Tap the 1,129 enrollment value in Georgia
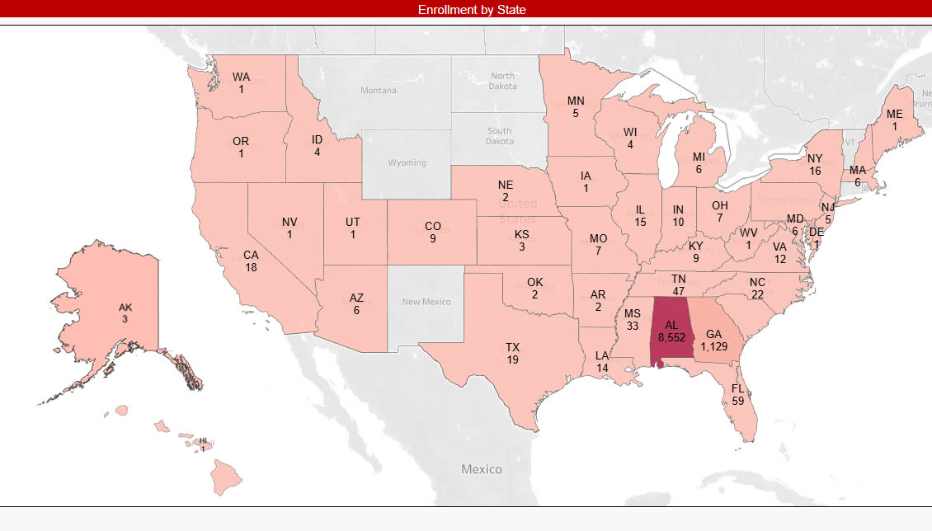pos(715,347)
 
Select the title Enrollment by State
pos(472,10)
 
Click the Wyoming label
pos(407,162)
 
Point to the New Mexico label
pos(426,302)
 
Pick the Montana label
pos(379,91)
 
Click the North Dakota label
pos(502,81)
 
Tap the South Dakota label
pos(499,136)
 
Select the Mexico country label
pos(482,469)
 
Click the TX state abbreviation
pos(513,347)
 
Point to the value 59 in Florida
pos(737,401)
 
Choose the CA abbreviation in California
pos(251,255)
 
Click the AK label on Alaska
pos(125,308)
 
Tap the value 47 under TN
pos(679,292)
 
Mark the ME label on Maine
pos(895,114)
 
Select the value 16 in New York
pos(815,171)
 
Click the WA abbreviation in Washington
pos(241,77)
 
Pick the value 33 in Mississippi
pos(633,326)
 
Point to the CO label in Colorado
pos(433,226)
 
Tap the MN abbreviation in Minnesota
pos(576,101)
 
